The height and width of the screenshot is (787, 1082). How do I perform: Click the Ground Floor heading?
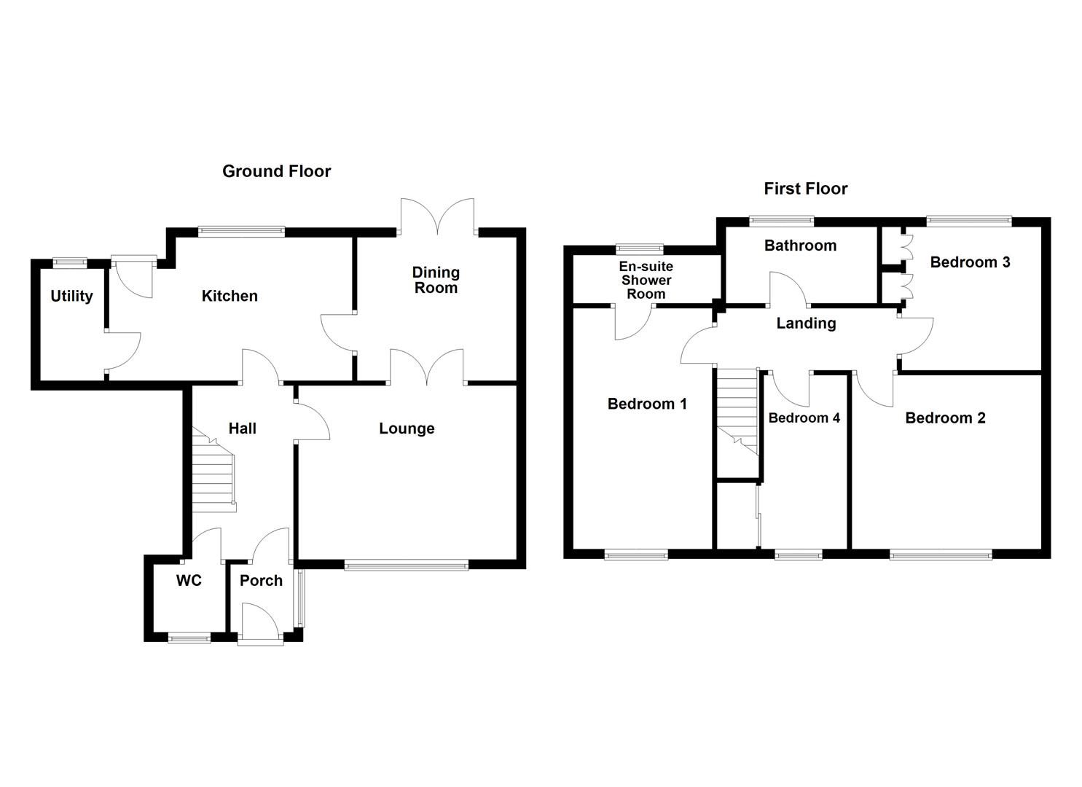coord(276,171)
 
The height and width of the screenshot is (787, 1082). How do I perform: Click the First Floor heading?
coord(805,189)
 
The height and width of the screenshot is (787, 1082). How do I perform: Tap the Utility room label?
coord(71,296)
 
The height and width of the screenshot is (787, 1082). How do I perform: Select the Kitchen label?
coord(230,296)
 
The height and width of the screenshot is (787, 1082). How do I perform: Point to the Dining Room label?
coord(436,280)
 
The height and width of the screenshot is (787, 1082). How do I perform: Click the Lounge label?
coord(407,428)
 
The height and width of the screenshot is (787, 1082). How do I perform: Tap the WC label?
coord(189,581)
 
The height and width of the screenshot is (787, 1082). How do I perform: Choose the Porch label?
coord(261,581)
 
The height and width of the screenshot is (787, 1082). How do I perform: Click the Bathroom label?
coord(800,246)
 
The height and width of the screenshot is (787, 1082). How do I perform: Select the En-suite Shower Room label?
coord(646,281)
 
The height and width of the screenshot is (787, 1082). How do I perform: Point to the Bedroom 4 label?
coord(804,418)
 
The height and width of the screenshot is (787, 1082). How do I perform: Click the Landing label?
coord(806,323)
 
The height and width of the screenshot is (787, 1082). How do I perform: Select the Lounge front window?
coord(406,564)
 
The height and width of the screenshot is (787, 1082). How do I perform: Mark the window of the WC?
coord(189,638)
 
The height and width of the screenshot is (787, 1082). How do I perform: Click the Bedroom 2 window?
coord(941,555)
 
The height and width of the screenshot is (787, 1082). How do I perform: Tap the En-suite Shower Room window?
coord(639,248)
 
